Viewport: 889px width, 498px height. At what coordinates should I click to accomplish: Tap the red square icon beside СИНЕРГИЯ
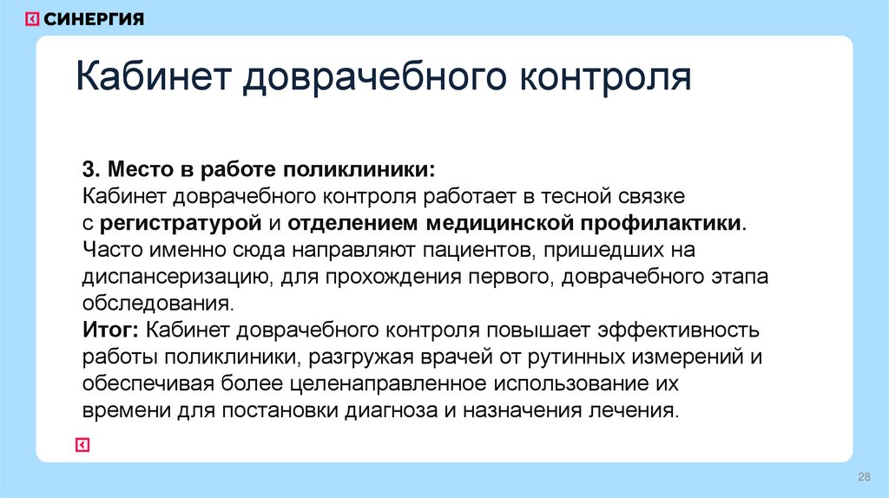pyautogui.click(x=31, y=19)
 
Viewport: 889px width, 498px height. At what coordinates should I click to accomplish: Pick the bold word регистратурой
pyautogui.click(x=181, y=222)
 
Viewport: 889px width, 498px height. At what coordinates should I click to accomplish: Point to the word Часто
pyautogui.click(x=110, y=250)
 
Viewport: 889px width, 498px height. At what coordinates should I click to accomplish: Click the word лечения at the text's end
pyautogui.click(x=634, y=410)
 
